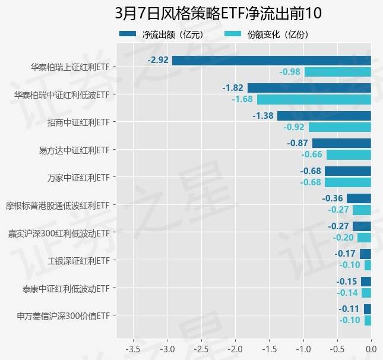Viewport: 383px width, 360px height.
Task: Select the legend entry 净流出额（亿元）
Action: pyautogui.click(x=172, y=34)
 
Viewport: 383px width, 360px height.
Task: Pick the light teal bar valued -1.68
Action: pyautogui.click(x=314, y=99)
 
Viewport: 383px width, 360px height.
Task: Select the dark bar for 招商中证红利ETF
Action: pyautogui.click(x=324, y=115)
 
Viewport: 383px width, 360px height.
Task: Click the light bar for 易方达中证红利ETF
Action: pyautogui.click(x=349, y=154)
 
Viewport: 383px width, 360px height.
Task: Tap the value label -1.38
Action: pyautogui.click(x=263, y=115)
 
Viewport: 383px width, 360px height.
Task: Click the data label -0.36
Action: pyautogui.click(x=333, y=198)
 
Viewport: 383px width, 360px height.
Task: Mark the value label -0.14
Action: pyautogui.click(x=348, y=292)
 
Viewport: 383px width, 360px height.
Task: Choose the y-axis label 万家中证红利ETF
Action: pyautogui.click(x=79, y=177)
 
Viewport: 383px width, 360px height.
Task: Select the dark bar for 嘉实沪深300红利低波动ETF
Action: pyautogui.click(x=362, y=226)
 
